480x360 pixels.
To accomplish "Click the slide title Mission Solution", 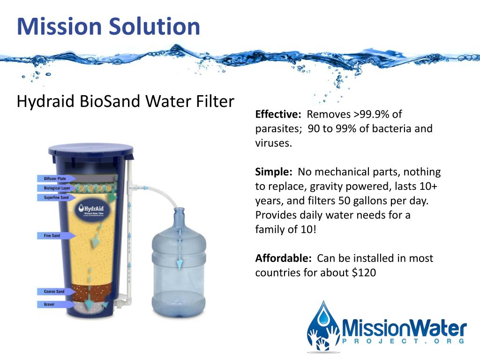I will coord(108,26).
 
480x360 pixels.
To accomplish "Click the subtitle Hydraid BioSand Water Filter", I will coord(125,101).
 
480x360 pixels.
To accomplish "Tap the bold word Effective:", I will coord(277,114).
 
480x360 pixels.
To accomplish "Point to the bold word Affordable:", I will coord(283,258).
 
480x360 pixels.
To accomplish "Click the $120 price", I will coord(364,272).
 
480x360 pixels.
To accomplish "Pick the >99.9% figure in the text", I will coord(364,114).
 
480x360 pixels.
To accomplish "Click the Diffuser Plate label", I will coord(55,179).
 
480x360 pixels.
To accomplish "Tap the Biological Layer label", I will coord(56,188).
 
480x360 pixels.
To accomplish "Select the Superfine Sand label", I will coord(56,198).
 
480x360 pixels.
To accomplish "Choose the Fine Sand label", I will coord(52,235).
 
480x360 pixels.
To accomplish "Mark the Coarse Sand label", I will coord(54,292).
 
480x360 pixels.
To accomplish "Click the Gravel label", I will coord(49,305).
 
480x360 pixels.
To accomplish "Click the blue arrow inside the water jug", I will coord(179,255).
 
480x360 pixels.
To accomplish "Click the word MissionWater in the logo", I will coord(404,327).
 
